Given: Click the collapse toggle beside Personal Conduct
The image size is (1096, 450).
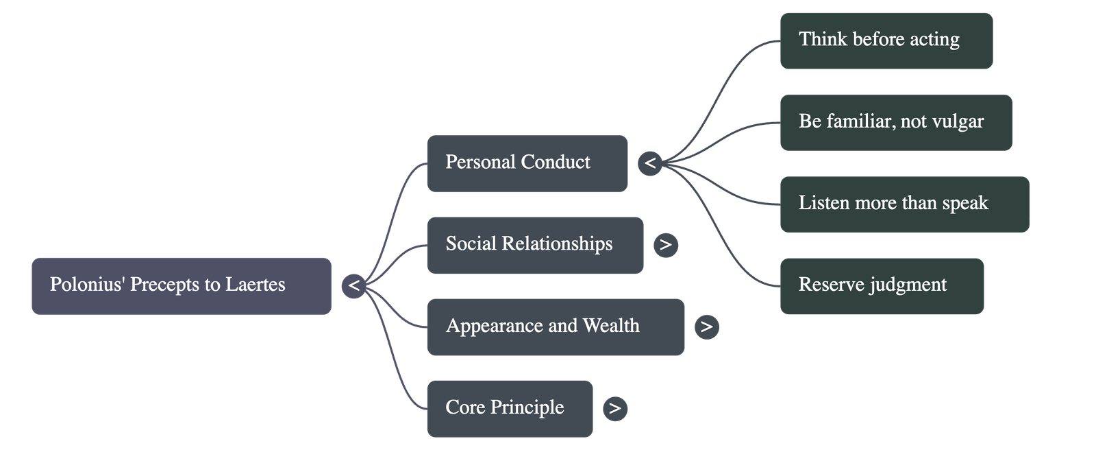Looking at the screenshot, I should click(650, 163).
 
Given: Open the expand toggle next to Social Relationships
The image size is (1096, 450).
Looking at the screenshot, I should click(666, 245).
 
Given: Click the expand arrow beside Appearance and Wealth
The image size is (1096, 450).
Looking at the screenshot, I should click(707, 327).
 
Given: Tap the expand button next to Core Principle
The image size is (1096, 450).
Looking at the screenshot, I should click(615, 408).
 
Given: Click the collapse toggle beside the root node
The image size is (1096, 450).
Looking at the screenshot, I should click(353, 285).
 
